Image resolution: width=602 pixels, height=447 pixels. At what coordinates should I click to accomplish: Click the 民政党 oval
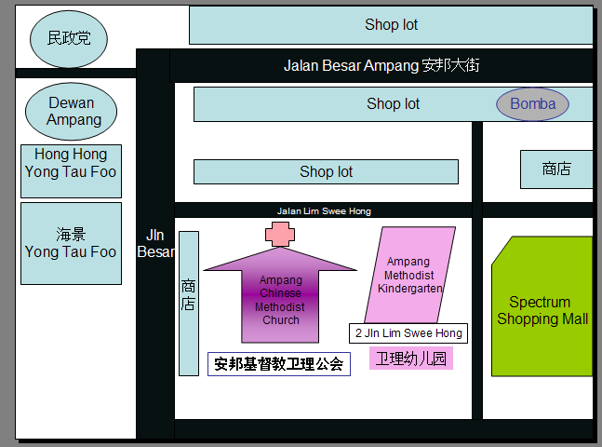[69, 39]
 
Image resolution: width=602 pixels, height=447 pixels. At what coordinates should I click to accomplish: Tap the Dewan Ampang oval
[71, 111]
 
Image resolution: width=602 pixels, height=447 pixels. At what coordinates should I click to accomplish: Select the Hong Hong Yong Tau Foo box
[71, 171]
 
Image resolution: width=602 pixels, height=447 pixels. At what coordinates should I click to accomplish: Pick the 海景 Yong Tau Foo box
[71, 244]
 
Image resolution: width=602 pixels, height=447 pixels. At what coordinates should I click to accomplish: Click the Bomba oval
[532, 104]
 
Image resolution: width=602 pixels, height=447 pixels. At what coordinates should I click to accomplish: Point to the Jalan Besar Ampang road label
[381, 66]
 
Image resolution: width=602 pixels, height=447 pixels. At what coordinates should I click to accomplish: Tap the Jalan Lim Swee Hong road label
[324, 211]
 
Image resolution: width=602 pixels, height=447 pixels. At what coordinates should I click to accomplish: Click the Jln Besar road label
[155, 243]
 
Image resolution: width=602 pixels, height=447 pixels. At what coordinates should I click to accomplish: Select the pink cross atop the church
[280, 234]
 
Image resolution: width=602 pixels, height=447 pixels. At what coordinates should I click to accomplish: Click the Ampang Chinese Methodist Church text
[280, 300]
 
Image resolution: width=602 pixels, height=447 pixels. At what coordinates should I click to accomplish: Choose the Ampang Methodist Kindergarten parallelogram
[409, 275]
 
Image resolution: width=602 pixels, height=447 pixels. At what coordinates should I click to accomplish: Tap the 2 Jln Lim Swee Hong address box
[408, 333]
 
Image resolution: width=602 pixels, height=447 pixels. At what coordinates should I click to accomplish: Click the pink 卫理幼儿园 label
[411, 359]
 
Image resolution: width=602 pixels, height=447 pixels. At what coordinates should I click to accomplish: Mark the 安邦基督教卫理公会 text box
[279, 364]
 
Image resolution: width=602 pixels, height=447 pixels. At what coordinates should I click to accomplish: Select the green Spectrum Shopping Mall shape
[542, 306]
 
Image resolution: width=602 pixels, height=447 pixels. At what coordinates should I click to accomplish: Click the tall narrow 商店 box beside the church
[189, 304]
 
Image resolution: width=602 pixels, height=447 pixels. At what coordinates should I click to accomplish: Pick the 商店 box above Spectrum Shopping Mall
[556, 169]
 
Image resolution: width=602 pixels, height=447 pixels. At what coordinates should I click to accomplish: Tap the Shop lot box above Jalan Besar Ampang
[391, 25]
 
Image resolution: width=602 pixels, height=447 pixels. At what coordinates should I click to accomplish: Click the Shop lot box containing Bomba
[394, 104]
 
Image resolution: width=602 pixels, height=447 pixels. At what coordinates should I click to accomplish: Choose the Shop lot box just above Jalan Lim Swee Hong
[326, 171]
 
